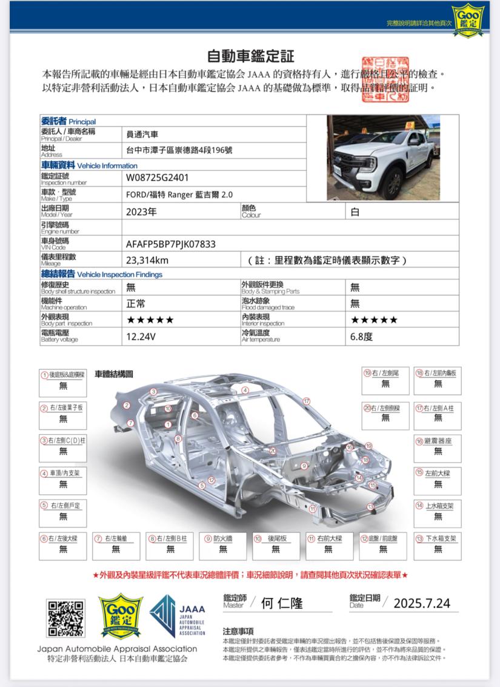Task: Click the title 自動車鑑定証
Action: pos(250,56)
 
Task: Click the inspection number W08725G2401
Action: pos(157,178)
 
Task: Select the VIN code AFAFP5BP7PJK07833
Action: pos(171,244)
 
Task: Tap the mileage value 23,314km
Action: pos(147,261)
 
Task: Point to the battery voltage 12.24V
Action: pos(141,336)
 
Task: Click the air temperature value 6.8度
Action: pos(361,336)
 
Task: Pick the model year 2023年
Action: pos(141,212)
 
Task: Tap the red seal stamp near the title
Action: pos(385,79)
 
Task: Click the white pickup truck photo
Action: pos(383,158)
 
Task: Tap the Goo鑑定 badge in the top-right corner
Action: pos(468,17)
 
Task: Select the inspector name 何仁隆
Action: pos(282,603)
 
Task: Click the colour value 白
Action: pos(355,212)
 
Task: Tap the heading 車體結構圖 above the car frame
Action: pos(114,374)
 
